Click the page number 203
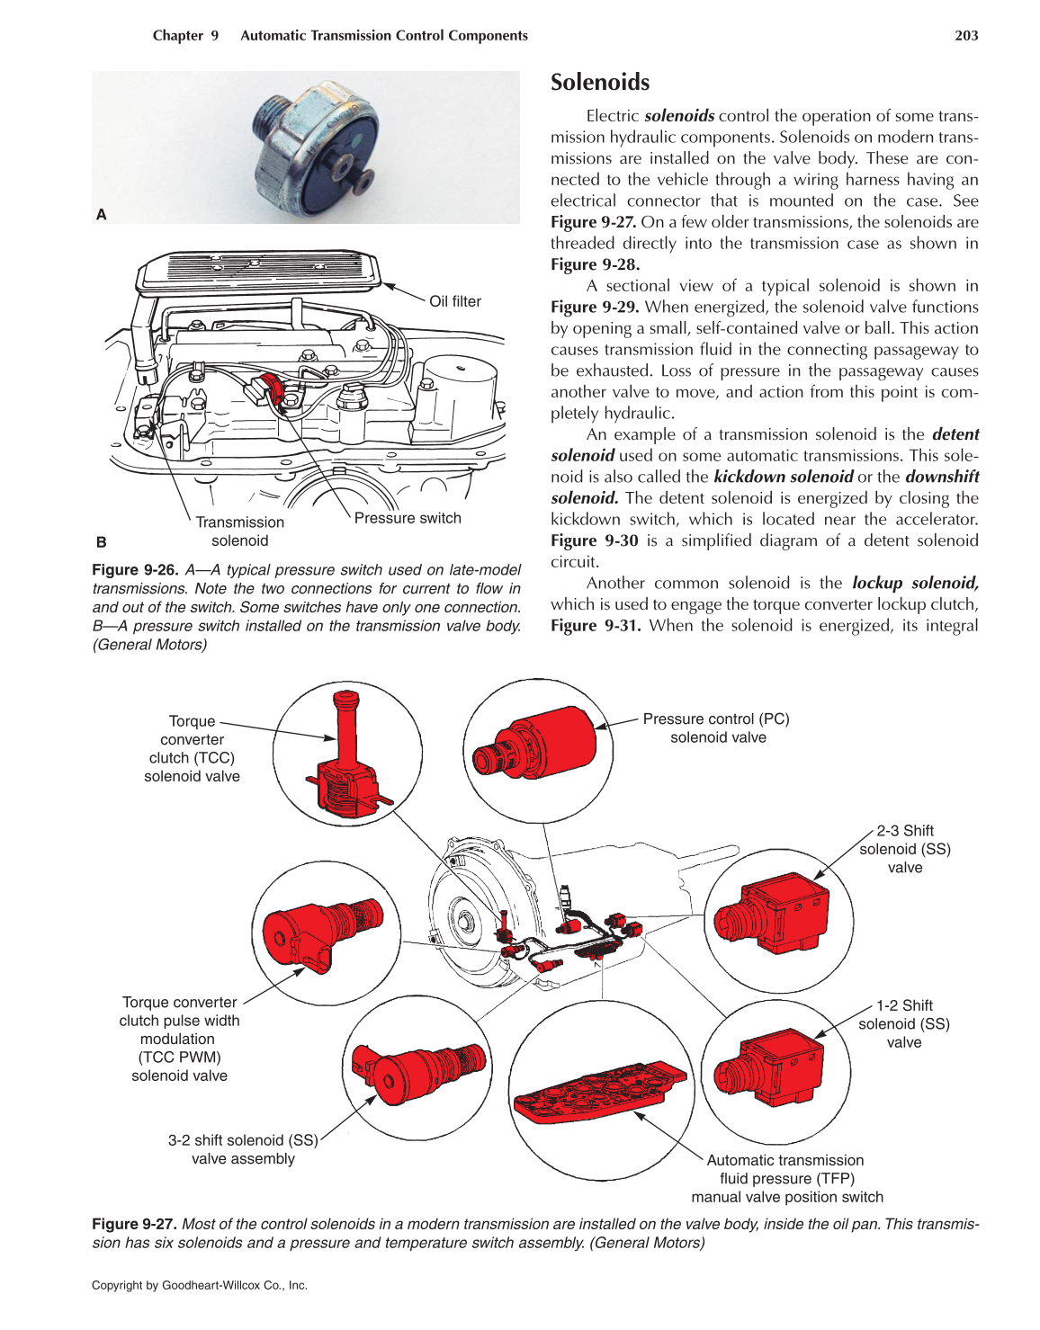[x=966, y=36]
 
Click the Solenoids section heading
[x=600, y=83]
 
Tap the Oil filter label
[x=454, y=301]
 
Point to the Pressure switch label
[x=408, y=518]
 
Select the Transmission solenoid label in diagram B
[x=239, y=531]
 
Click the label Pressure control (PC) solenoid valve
[x=716, y=728]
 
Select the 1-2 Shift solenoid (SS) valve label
[x=904, y=1024]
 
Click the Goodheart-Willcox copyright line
[x=200, y=1285]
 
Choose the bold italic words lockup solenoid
[x=915, y=583]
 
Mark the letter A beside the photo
[x=102, y=214]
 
